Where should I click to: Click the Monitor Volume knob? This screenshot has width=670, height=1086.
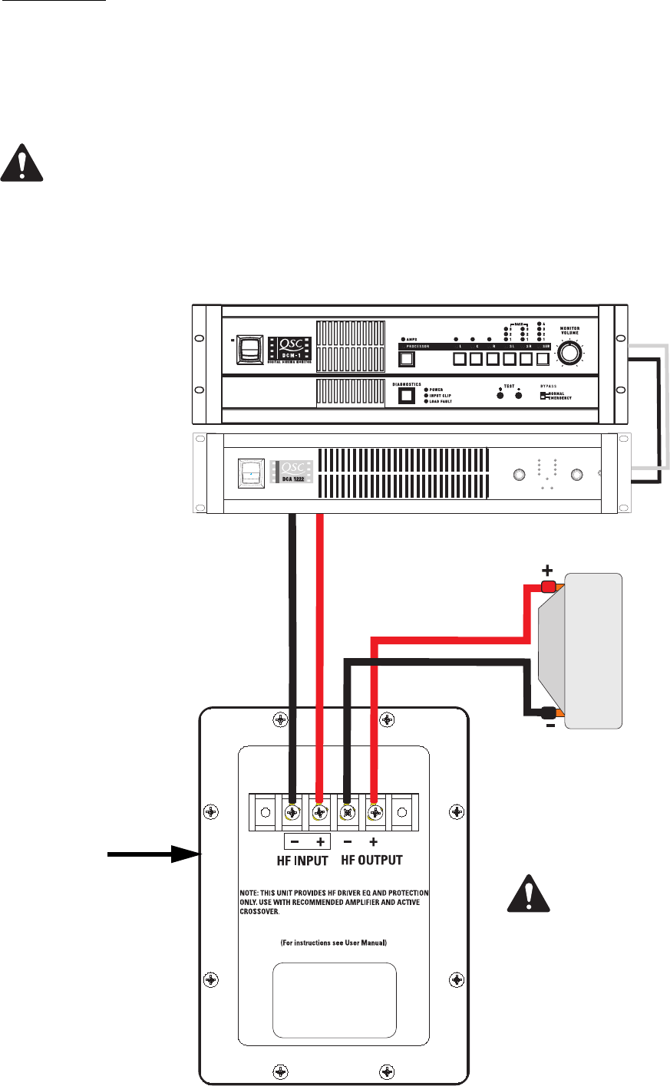point(569,353)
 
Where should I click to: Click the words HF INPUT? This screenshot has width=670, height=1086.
point(302,861)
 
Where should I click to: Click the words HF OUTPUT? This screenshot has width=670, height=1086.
point(371,861)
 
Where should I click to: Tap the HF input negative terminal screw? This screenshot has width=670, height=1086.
point(292,813)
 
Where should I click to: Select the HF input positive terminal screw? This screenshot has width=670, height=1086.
point(320,813)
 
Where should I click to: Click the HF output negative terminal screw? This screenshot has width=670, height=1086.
point(348,813)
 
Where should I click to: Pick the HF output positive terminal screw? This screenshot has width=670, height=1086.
point(375,813)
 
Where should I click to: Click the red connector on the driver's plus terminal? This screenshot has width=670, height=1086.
point(548,587)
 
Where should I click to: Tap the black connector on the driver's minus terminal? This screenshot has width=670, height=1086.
point(548,712)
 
